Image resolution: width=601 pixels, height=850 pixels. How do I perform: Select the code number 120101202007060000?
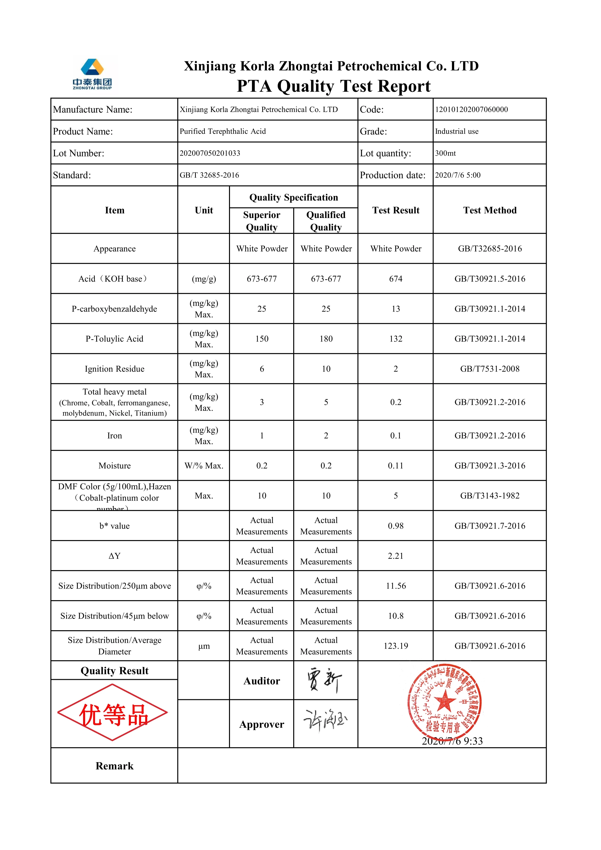click(471, 110)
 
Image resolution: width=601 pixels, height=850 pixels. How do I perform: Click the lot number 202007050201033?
click(210, 153)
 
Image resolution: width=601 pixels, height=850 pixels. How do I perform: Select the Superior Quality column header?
click(261, 221)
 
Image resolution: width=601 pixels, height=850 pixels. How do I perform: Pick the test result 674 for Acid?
click(395, 279)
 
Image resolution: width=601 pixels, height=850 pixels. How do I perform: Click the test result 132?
click(395, 339)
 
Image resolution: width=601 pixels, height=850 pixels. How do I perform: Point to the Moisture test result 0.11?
click(395, 466)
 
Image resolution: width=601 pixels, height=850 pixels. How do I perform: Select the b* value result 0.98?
click(395, 526)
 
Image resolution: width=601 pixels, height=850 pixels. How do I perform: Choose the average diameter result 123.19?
click(395, 646)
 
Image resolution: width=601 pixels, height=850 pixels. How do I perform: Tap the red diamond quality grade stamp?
click(113, 712)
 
